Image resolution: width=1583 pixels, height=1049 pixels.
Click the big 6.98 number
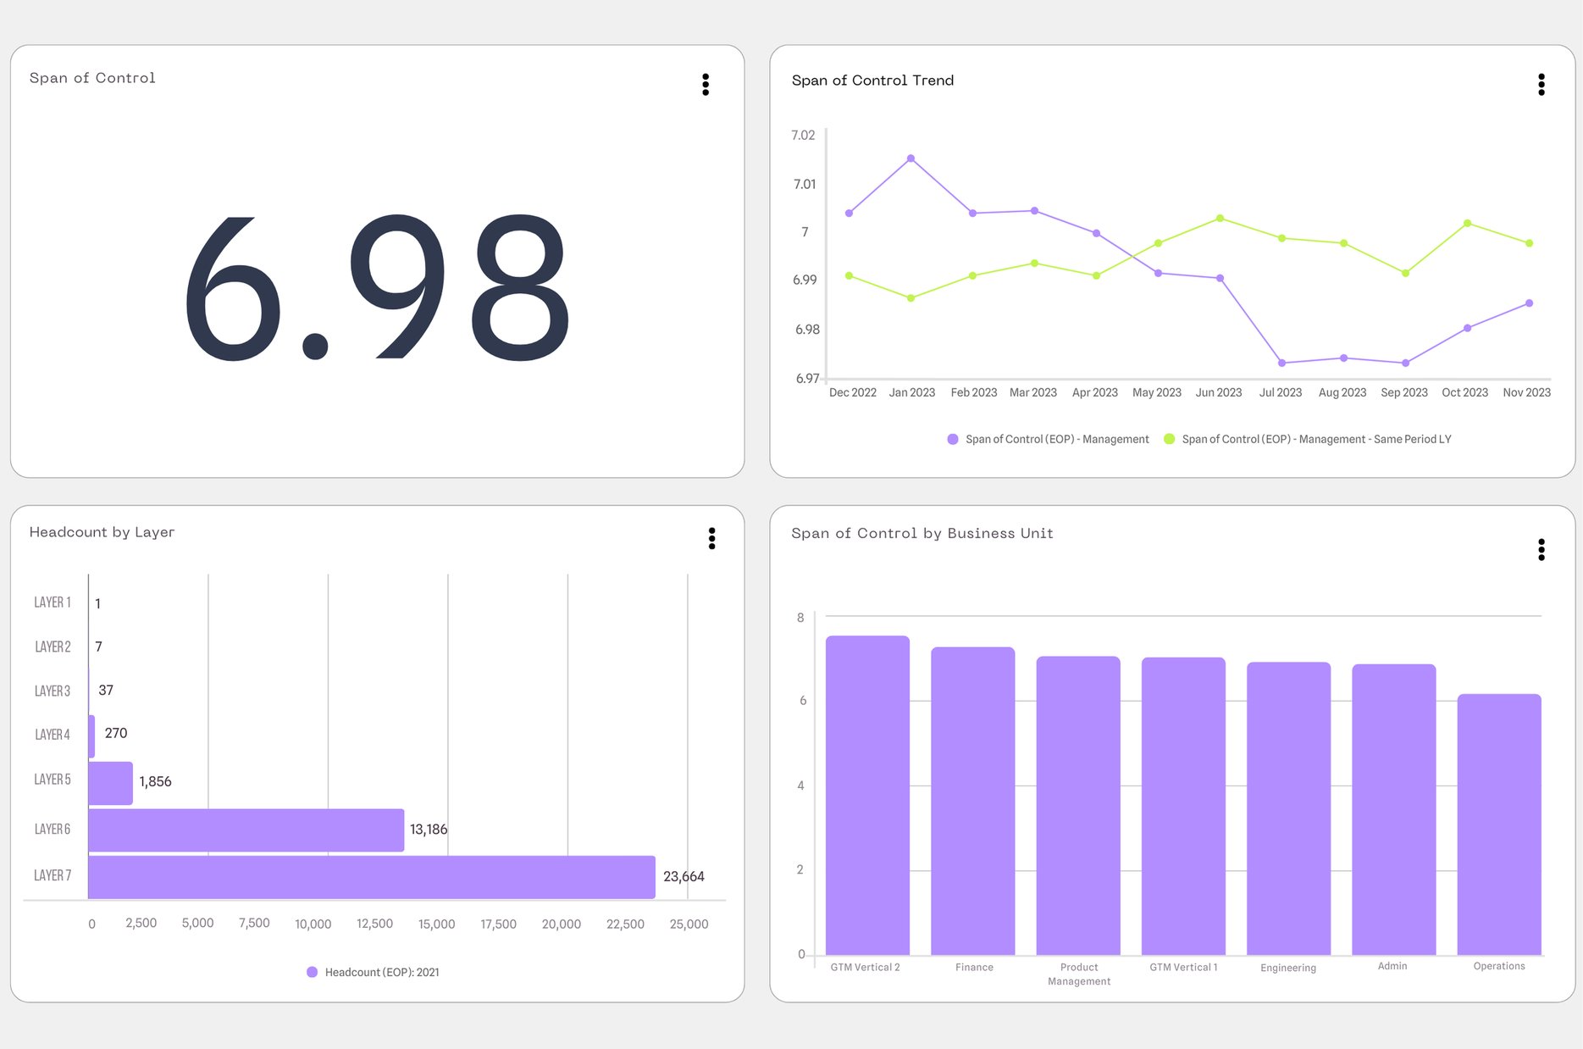click(x=377, y=288)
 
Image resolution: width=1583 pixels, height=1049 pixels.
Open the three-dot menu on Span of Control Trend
click(x=1541, y=84)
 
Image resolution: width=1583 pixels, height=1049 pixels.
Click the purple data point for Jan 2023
click(x=911, y=158)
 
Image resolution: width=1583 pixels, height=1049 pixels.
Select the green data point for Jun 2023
click(x=1220, y=219)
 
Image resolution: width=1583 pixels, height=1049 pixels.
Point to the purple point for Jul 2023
click(x=1281, y=363)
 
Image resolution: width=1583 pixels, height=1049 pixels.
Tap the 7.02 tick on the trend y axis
click(x=802, y=136)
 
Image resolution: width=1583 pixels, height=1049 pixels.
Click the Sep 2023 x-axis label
click(x=1403, y=392)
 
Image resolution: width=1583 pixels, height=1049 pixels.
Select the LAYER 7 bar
click(x=371, y=877)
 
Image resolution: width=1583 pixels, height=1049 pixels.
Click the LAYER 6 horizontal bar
click(x=246, y=830)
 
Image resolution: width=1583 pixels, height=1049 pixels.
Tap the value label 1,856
click(x=155, y=781)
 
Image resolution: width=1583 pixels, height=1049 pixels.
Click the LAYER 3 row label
click(x=52, y=691)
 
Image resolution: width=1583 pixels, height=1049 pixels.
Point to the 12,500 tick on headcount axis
click(x=374, y=924)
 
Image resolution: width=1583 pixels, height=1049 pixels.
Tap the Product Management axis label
click(x=1078, y=974)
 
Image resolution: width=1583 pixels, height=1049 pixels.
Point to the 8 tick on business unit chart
click(x=800, y=618)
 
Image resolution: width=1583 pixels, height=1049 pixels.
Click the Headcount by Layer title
click(x=102, y=532)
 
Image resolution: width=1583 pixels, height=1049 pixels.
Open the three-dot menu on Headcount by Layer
click(x=711, y=538)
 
